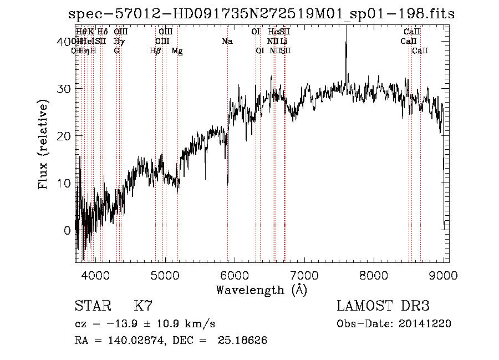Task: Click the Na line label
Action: pos(227,42)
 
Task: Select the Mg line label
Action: pos(177,51)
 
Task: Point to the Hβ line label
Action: pos(155,51)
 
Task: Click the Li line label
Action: pos(283,42)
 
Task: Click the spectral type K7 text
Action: pos(143,306)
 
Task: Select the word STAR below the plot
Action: pos(93,306)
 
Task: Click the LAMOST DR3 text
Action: pos(383,306)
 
